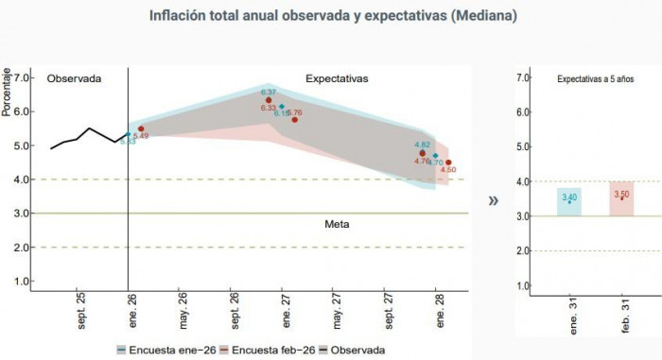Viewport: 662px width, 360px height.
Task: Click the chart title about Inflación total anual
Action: click(331, 16)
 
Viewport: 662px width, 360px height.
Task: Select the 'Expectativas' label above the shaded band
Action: click(337, 77)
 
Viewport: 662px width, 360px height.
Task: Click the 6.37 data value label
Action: click(269, 92)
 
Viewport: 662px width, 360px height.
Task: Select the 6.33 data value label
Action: click(268, 109)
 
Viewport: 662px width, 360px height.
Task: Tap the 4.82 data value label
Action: click(423, 145)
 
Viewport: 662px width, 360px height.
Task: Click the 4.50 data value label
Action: click(448, 170)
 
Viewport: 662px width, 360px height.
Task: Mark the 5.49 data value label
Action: click(142, 136)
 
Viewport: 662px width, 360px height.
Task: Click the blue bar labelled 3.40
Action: click(569, 201)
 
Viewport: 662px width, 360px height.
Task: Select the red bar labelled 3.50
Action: click(621, 198)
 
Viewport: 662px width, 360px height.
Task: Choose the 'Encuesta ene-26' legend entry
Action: click(165, 350)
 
